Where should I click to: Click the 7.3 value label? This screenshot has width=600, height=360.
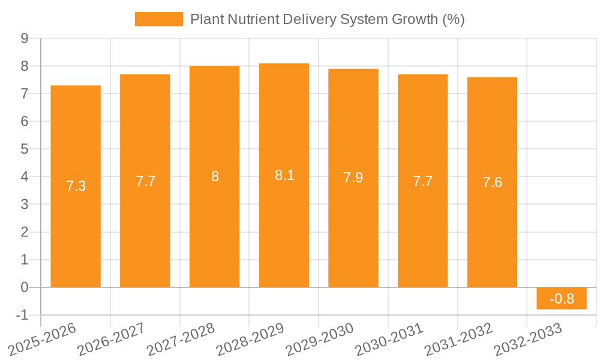pos(76,186)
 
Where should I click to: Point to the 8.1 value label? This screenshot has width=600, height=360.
pos(284,175)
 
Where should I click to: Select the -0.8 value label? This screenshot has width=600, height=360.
pos(562,298)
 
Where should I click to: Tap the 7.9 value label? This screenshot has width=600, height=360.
pos(353,178)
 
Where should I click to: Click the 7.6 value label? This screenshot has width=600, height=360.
pos(492,182)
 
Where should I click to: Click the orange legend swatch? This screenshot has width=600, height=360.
pos(158,19)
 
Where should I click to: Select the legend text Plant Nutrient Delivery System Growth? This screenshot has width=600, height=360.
pos(327,19)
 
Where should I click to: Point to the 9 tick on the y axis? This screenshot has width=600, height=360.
pos(25,38)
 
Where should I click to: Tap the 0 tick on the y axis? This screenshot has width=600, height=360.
pos(25,287)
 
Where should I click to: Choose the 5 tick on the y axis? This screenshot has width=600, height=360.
pos(25,149)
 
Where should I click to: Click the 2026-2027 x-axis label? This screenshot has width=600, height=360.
pos(110,338)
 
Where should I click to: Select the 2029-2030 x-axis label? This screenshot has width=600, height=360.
pos(319,338)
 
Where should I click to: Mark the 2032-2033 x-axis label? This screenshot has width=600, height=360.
pos(527,338)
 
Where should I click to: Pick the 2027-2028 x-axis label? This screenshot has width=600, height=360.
pos(180,338)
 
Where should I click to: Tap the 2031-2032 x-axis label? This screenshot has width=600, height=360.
pos(457,338)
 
